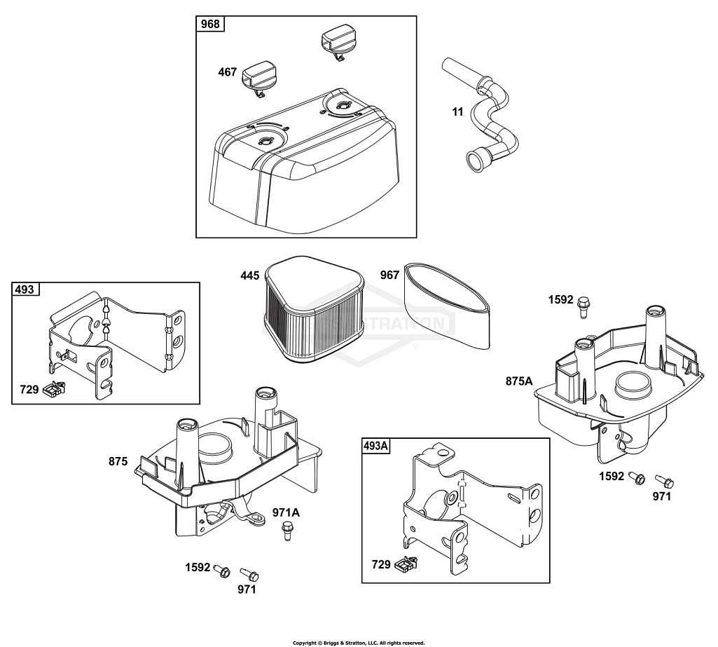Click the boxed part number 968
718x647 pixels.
210,25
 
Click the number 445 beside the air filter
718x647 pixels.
250,275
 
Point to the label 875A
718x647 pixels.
519,381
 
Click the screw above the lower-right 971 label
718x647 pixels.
664,481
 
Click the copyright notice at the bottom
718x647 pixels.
359,642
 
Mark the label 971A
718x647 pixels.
286,512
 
